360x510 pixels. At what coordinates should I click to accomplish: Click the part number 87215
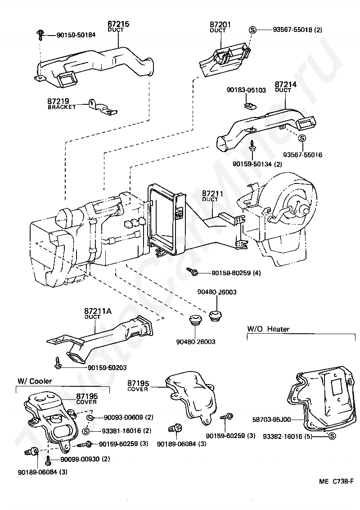pyautogui.click(x=118, y=23)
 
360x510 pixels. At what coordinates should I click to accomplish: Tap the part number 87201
pyautogui.click(x=220, y=23)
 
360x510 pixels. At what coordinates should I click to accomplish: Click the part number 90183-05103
pyautogui.click(x=246, y=90)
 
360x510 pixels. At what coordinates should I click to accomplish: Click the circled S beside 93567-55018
pyautogui.click(x=252, y=30)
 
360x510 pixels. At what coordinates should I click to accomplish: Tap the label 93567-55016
pyautogui.click(x=302, y=155)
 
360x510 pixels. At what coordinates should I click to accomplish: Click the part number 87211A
pyautogui.click(x=98, y=311)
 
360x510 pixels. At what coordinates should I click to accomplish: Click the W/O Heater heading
pyautogui.click(x=268, y=329)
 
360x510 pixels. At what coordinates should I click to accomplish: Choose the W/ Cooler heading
pyautogui.click(x=35, y=381)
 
